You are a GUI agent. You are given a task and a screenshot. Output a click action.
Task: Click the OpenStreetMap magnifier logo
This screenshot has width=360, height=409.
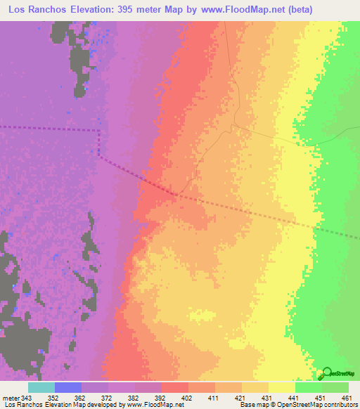click(322, 372)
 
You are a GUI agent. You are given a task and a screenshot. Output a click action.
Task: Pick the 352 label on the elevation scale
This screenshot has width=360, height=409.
click(54, 397)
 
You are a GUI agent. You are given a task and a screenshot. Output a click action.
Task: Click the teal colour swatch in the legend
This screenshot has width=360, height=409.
click(41, 387)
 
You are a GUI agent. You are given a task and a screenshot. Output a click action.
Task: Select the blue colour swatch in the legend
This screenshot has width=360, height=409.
click(67, 387)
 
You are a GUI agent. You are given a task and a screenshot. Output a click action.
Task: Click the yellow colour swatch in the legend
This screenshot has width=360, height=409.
click(281, 387)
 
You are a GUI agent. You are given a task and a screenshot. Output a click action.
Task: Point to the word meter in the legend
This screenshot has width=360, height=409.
click(11, 397)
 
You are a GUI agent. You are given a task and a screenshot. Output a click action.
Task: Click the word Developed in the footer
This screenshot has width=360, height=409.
click(101, 405)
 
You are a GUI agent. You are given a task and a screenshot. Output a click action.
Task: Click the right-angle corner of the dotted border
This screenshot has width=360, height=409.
click(99, 131)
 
